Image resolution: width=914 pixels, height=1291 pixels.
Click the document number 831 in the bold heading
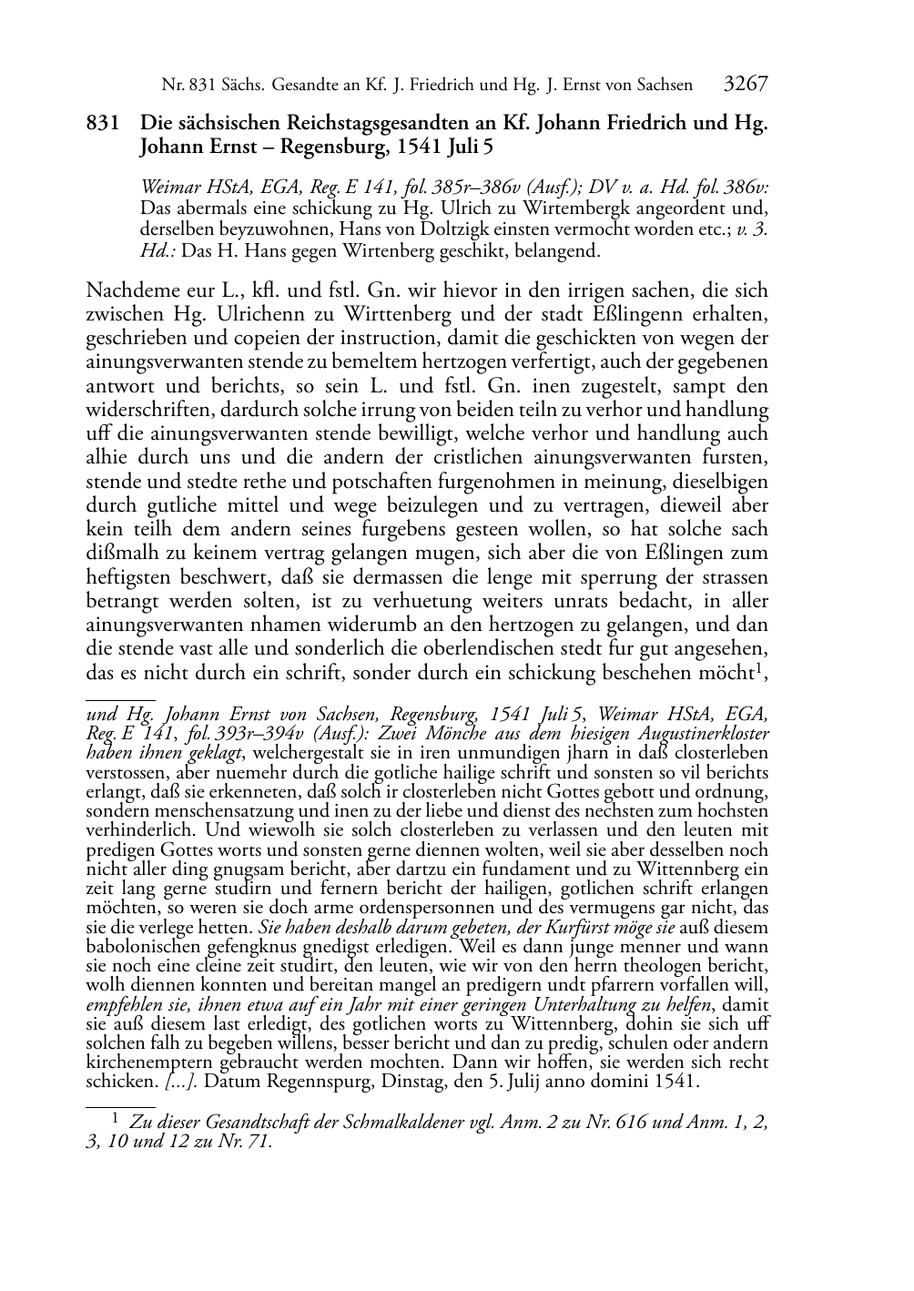tap(101, 124)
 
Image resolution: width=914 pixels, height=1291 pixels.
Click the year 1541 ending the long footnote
tap(680, 1082)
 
